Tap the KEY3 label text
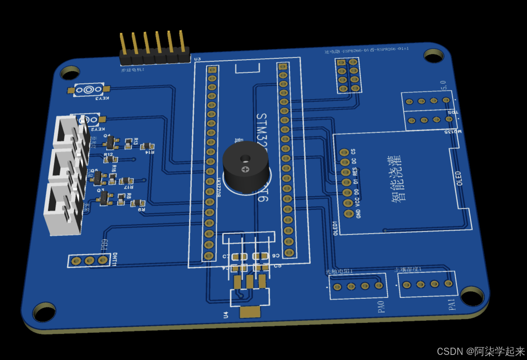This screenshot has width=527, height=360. tap(102, 99)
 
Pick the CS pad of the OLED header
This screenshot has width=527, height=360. tap(344, 152)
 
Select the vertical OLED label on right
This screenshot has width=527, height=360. tap(459, 178)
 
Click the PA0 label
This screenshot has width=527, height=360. tap(381, 307)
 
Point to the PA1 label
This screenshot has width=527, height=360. tap(451, 304)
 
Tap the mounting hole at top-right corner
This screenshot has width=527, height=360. tap(434, 56)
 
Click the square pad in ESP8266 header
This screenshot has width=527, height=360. tap(341, 62)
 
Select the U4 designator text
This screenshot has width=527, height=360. tap(226, 315)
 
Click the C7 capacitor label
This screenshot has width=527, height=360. tap(226, 257)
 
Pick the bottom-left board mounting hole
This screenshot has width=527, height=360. tap(44, 312)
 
